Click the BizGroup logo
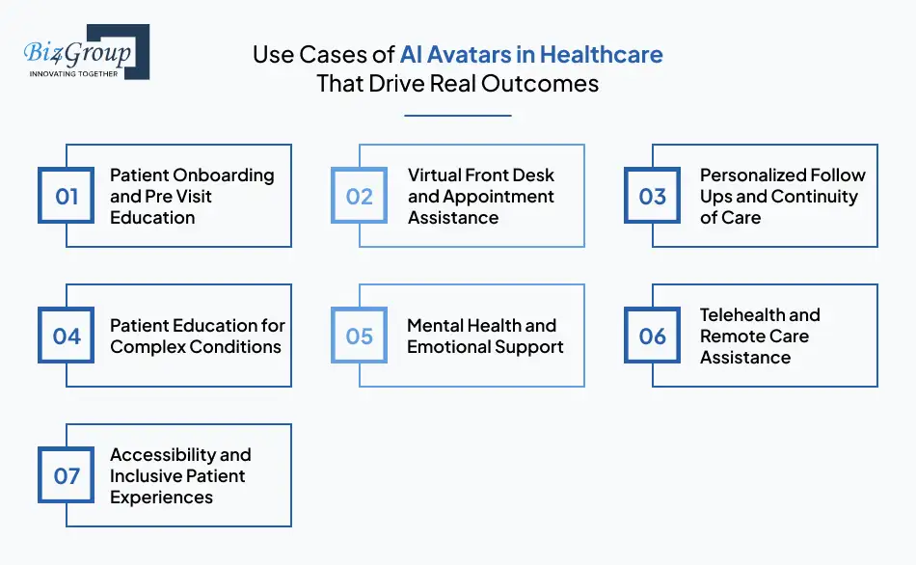coord(85,50)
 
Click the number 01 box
coord(66,197)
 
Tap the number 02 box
coord(359,197)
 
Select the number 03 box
coord(653,197)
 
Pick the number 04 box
coord(66,336)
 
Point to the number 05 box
coord(359,336)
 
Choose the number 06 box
coord(653,336)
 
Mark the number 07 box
coord(66,476)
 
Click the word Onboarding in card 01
coord(226,175)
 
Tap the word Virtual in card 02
coord(435,175)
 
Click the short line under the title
coord(457,116)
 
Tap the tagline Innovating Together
coord(74,74)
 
